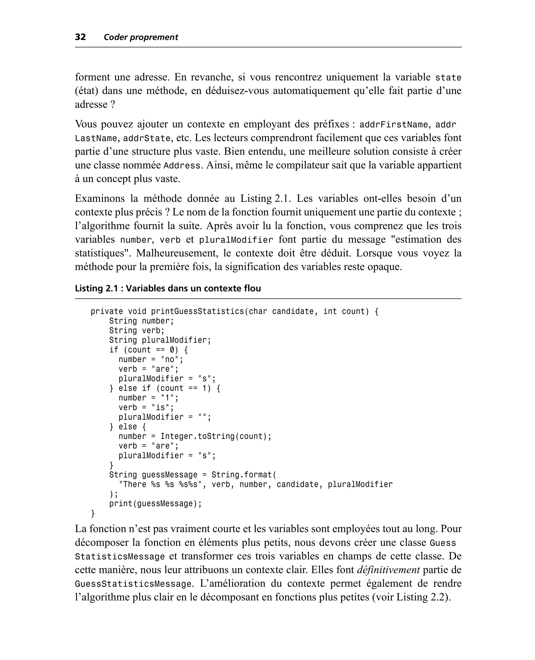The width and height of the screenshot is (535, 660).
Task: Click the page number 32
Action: [80, 37]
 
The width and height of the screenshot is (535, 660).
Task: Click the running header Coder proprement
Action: [141, 37]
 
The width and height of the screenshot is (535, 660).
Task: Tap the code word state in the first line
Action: [448, 77]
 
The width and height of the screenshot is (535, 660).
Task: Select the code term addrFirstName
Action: [394, 124]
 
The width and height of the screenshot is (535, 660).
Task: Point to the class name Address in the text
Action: [182, 166]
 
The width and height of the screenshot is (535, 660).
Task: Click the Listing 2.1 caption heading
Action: [168, 288]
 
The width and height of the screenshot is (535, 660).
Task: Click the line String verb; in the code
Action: [137, 331]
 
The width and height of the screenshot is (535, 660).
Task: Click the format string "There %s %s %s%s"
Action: [162, 484]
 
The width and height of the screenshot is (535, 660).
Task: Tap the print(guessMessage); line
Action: [155, 504]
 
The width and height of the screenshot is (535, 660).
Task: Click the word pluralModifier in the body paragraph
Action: [236, 240]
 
